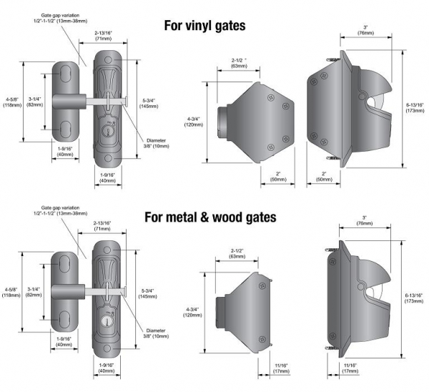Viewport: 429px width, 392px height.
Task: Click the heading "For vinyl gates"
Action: [204, 26]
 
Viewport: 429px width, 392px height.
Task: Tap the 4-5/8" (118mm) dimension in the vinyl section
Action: [11, 101]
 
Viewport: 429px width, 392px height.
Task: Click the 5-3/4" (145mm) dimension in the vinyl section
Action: [149, 104]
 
